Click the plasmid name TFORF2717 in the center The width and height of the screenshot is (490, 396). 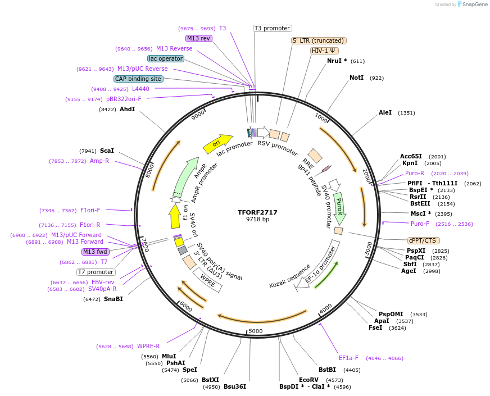[257, 212]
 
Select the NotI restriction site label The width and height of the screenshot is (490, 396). [356, 78]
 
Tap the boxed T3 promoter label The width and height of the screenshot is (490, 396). [272, 28]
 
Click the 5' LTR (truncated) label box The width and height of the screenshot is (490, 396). [319, 40]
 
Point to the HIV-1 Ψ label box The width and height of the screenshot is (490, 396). [324, 51]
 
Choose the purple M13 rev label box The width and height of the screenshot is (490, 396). [199, 38]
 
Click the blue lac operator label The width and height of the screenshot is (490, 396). [166, 58]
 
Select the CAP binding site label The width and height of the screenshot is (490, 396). [138, 79]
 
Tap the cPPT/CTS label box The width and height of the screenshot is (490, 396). [423, 240]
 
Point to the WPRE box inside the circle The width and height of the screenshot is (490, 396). [207, 280]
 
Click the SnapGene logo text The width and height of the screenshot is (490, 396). [474, 4]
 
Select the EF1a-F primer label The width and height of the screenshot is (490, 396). [348, 358]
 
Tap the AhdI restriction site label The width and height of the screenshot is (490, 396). [127, 109]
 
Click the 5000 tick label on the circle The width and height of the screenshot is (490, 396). [256, 331]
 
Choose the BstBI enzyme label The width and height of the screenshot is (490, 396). [327, 370]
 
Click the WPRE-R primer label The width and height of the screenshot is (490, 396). [148, 346]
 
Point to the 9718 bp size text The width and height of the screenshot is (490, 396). [257, 219]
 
